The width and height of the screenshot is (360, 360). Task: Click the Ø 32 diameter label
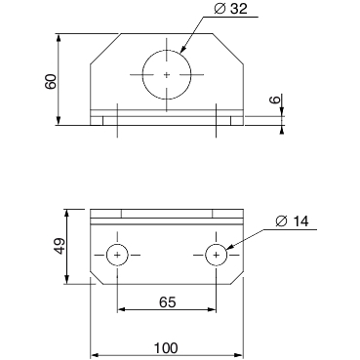(231, 9)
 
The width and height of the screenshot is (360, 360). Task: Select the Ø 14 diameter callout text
(292, 221)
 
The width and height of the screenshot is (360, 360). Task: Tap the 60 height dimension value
(52, 82)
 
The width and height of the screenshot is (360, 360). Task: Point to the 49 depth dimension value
(60, 246)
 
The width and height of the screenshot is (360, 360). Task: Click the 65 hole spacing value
(168, 302)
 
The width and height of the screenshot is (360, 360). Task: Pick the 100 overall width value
(166, 348)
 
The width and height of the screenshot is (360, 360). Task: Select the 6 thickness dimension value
(275, 100)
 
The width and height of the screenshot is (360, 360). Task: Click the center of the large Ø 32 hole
(167, 75)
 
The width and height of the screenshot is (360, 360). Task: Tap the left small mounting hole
(117, 255)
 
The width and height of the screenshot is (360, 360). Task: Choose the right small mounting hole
(216, 255)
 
